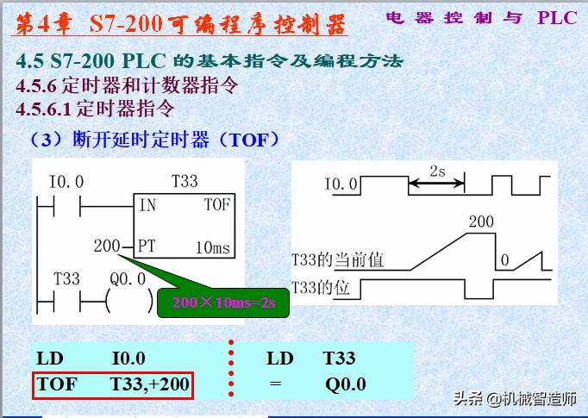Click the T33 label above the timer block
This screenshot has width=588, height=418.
185,181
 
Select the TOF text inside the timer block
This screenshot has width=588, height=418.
217,205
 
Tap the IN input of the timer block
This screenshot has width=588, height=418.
148,205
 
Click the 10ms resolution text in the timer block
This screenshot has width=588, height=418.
212,248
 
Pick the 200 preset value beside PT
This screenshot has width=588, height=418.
107,246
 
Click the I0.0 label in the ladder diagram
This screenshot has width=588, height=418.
67,182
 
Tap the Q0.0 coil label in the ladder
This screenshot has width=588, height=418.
128,280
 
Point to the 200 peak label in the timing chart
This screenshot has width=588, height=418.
481,222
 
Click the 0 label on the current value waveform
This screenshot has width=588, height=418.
506,259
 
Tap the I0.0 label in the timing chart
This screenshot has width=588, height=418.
341,184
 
